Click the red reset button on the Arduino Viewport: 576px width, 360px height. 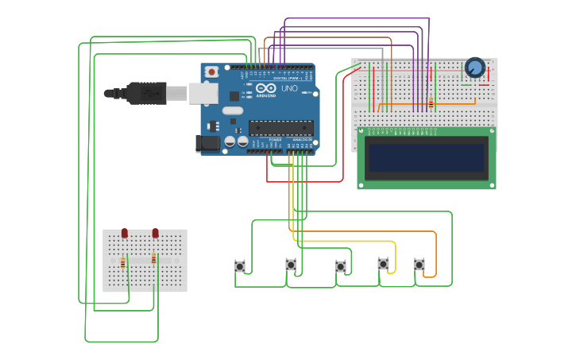[x=211, y=72]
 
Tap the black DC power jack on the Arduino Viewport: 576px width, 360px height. [x=207, y=143]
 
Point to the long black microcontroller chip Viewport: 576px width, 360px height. [x=280, y=127]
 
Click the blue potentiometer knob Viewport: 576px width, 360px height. [x=475, y=68]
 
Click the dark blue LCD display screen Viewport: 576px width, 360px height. [x=427, y=157]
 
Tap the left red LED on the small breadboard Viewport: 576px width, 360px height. [x=125, y=233]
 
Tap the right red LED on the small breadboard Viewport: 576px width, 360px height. [x=155, y=233]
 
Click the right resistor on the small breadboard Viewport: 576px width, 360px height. [x=153, y=258]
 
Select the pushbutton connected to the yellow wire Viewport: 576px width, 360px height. [x=384, y=263]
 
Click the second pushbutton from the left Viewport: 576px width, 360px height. [x=291, y=265]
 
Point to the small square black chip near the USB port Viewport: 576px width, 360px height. [x=234, y=96]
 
